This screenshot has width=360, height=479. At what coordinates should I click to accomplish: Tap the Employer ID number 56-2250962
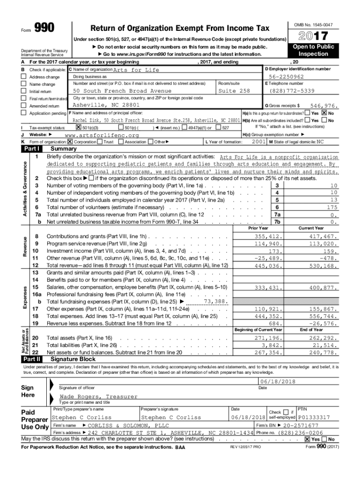286,77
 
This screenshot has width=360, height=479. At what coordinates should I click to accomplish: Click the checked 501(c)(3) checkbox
78,128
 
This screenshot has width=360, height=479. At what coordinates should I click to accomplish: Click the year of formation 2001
259,141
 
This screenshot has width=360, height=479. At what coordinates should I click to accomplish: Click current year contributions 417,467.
323,237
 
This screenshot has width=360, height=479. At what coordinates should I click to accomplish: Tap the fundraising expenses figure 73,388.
216,302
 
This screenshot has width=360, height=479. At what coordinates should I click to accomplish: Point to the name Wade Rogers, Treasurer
98,397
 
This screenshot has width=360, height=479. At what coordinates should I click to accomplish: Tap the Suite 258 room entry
234,91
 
